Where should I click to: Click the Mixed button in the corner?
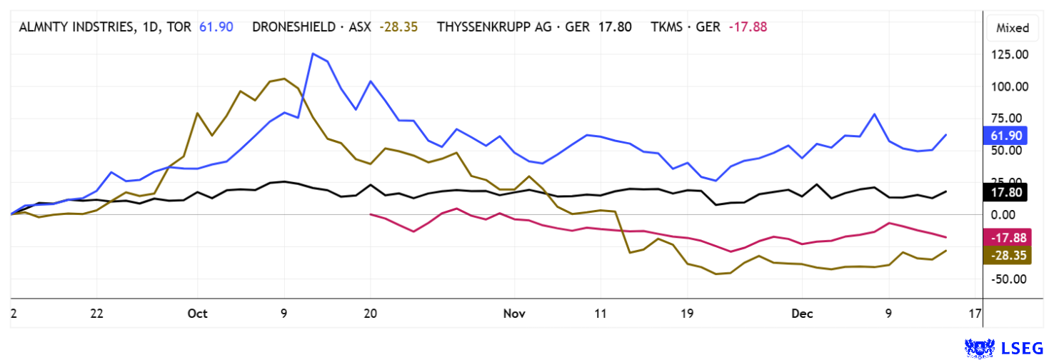click(x=1013, y=28)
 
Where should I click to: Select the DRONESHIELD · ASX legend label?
click(x=311, y=28)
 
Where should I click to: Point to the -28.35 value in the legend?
click(x=398, y=28)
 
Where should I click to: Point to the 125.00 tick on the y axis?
click(x=1008, y=55)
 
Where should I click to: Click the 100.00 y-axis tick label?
click(x=1008, y=87)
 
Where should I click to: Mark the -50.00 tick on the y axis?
click(x=1008, y=279)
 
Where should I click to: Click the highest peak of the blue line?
click(x=313, y=54)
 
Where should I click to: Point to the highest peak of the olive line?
click(x=284, y=79)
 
